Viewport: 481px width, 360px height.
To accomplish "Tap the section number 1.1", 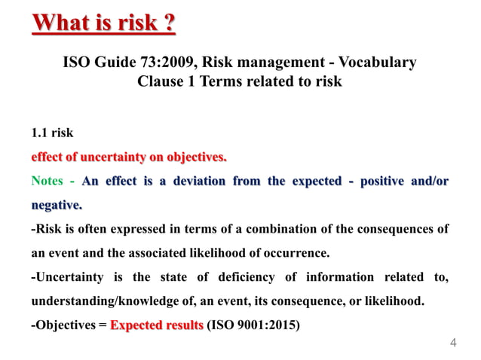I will click(39, 133).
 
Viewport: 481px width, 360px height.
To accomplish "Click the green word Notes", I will click(47, 182).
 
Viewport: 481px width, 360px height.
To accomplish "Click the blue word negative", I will click(56, 205).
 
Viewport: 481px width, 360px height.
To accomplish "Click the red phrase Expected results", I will click(157, 326).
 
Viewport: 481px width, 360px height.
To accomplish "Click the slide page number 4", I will click(453, 343).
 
